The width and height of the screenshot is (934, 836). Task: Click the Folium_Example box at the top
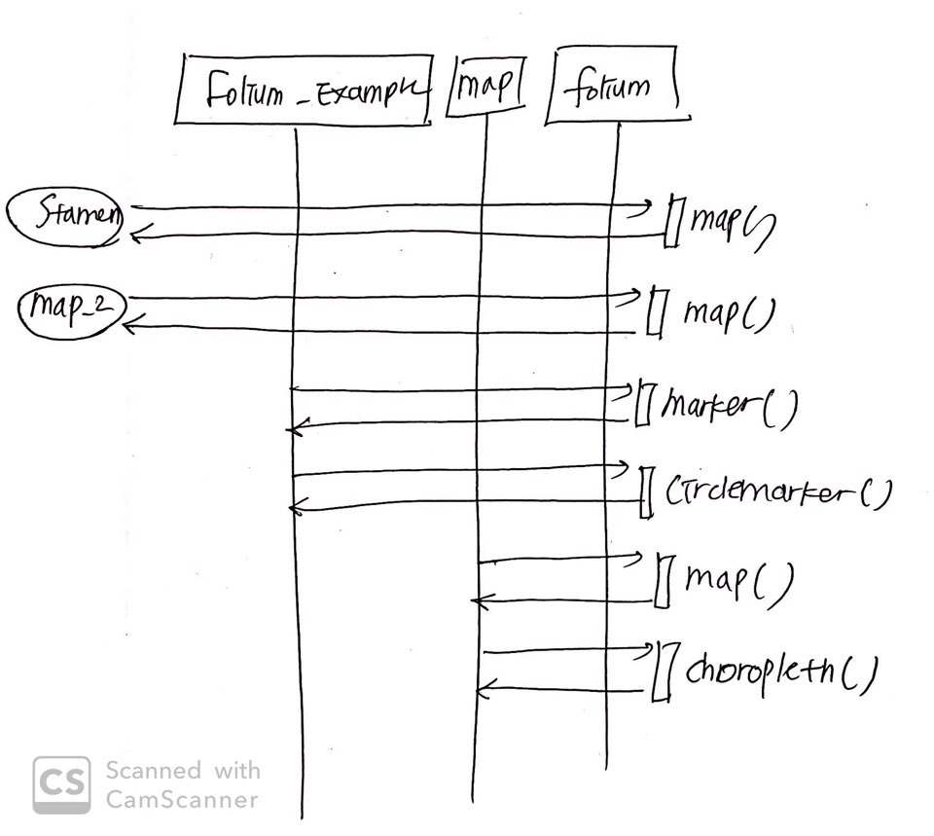pos(305,91)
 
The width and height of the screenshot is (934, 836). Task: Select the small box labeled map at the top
pos(485,89)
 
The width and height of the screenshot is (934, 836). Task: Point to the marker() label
pos(729,407)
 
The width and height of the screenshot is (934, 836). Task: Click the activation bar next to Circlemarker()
pos(644,493)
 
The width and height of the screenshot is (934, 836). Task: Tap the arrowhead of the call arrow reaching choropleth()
pos(646,649)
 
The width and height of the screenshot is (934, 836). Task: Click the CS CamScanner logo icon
pos(61,784)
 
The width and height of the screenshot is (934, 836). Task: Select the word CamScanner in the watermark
pos(181,800)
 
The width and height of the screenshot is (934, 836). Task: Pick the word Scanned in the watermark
pos(153,771)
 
